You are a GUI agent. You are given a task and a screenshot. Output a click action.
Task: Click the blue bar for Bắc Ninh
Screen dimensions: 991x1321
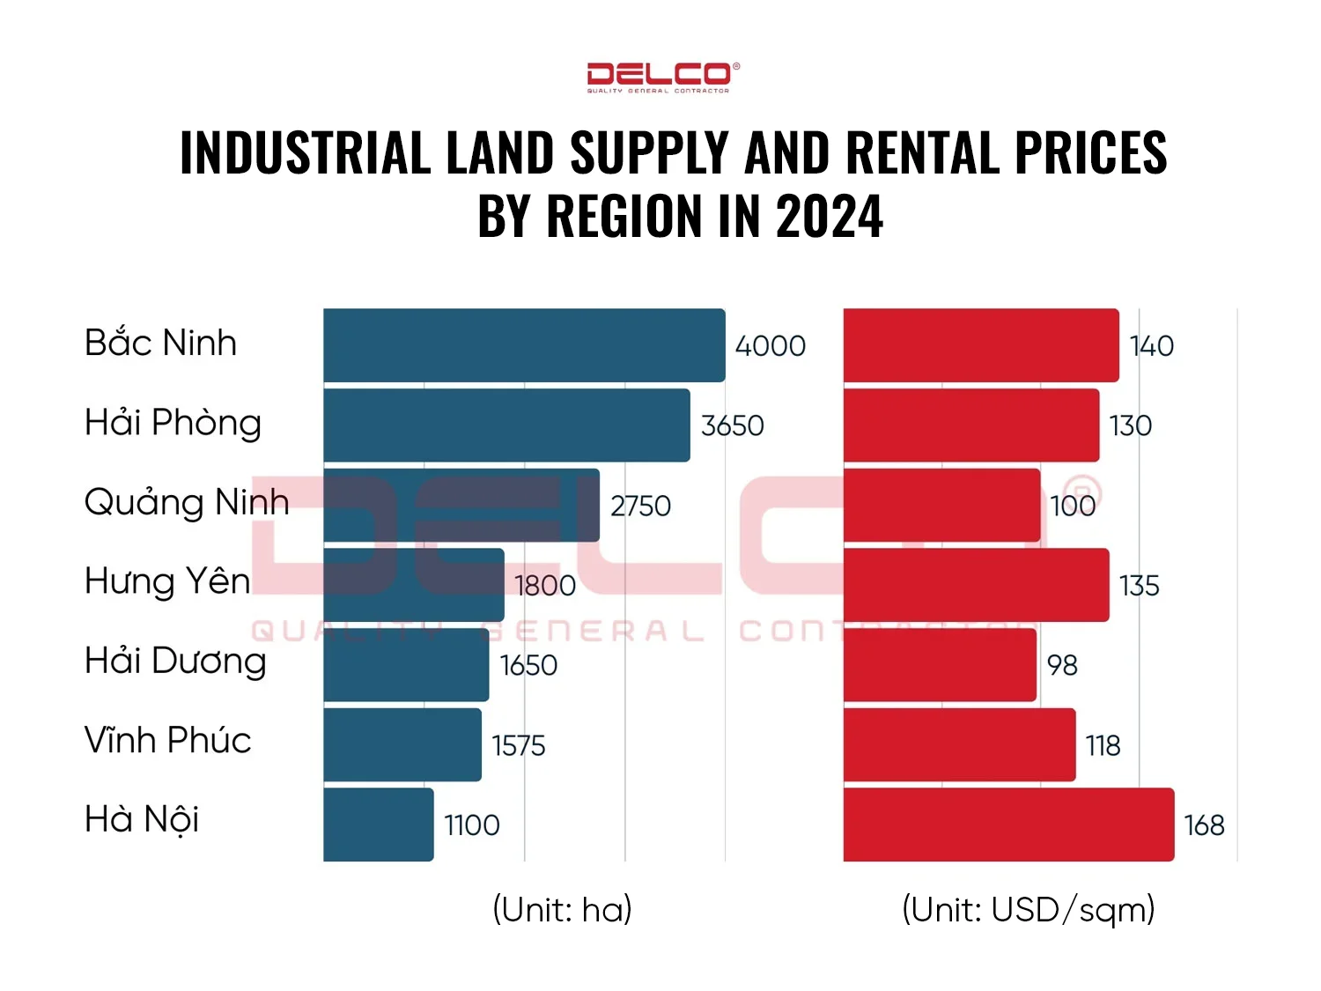point(524,345)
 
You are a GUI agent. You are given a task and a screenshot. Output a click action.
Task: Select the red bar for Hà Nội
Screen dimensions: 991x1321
point(1008,825)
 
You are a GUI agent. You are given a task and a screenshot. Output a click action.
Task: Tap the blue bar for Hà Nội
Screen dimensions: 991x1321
point(379,825)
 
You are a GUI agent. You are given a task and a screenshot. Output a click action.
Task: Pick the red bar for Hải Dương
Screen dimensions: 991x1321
point(940,665)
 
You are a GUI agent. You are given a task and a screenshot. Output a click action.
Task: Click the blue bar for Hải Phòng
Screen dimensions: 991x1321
point(506,425)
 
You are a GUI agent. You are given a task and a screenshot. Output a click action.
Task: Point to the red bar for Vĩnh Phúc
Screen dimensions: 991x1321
point(959,745)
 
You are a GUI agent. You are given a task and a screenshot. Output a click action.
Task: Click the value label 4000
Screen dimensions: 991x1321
point(771,346)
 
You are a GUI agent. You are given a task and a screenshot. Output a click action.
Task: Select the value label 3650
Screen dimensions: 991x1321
point(732,426)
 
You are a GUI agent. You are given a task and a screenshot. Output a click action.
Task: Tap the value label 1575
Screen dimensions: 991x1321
point(519,746)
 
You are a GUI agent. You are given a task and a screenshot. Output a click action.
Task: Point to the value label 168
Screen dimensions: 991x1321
point(1204,825)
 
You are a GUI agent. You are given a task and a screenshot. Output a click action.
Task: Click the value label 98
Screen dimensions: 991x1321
point(1062,666)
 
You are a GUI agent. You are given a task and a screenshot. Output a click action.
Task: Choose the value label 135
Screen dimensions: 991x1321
point(1139,586)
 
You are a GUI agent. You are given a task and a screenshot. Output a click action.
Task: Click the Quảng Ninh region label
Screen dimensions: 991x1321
point(187,503)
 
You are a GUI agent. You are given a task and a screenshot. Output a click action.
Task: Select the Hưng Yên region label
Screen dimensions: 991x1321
point(167,581)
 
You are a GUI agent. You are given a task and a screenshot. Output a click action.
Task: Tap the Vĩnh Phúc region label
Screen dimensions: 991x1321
point(167,740)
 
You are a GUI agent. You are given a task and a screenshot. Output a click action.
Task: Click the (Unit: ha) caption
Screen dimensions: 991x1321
point(562,909)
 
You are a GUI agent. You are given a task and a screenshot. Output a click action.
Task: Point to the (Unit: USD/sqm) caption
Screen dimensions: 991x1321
point(1028,909)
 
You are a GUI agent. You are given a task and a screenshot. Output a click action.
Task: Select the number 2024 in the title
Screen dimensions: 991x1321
point(830,217)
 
